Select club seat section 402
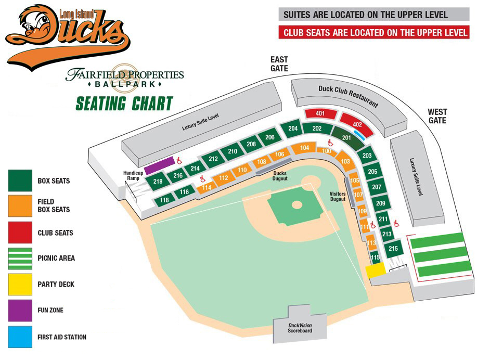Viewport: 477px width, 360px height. click(x=357, y=124)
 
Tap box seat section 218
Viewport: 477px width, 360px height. click(x=158, y=182)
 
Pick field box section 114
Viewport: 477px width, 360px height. click(x=207, y=187)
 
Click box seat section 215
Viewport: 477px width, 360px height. click(x=393, y=249)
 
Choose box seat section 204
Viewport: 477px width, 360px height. click(x=293, y=128)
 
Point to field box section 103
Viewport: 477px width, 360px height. click(x=345, y=161)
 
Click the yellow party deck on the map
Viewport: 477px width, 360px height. click(x=375, y=271)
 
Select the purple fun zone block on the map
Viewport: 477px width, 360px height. click(x=159, y=165)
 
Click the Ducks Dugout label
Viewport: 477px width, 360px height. click(x=280, y=176)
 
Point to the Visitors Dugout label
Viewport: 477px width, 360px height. click(x=338, y=196)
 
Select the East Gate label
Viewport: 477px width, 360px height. click(x=279, y=64)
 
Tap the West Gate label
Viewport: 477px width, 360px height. click(x=437, y=116)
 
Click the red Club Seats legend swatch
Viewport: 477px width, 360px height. click(x=20, y=233)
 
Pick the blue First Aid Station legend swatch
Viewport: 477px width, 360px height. click(x=20, y=337)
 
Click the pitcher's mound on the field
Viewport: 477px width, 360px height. click(x=296, y=205)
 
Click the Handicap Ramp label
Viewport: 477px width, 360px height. click(x=133, y=176)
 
